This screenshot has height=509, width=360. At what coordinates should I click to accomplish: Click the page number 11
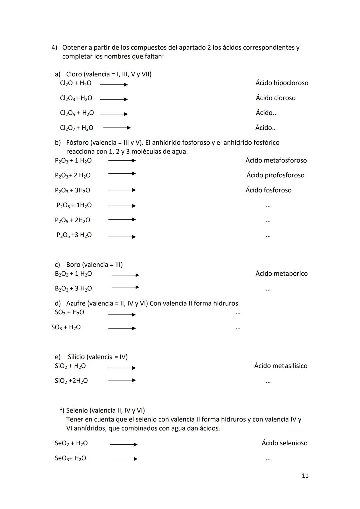305,476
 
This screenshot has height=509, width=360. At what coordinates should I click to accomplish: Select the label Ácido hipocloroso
282,83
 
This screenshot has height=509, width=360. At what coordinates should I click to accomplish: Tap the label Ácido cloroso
275,98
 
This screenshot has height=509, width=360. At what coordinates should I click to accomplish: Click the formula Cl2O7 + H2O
76,128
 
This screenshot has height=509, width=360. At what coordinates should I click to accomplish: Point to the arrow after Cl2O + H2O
114,85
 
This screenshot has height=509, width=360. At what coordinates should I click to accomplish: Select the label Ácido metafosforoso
276,160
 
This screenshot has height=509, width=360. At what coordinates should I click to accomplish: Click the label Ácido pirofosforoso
275,175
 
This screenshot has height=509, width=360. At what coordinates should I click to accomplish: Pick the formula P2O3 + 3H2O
72,190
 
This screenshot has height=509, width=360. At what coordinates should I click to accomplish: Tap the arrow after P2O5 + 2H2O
122,219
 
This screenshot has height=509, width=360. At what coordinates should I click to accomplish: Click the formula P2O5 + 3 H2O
74,235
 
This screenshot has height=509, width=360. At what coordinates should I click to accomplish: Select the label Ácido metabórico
281,274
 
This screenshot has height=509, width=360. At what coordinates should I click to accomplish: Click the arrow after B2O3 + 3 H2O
125,287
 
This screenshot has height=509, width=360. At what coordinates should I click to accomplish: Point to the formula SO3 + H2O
66,327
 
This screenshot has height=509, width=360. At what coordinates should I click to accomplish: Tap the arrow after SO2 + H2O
122,314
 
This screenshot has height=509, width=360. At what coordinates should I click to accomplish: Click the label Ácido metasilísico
281,366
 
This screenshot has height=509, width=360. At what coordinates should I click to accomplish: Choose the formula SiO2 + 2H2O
71,381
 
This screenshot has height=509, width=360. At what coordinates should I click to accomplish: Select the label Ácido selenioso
284,443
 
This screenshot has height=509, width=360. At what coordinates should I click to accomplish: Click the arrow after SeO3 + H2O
123,459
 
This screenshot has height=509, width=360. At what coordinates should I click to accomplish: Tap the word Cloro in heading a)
74,74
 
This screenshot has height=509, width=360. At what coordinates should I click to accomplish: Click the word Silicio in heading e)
76,357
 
